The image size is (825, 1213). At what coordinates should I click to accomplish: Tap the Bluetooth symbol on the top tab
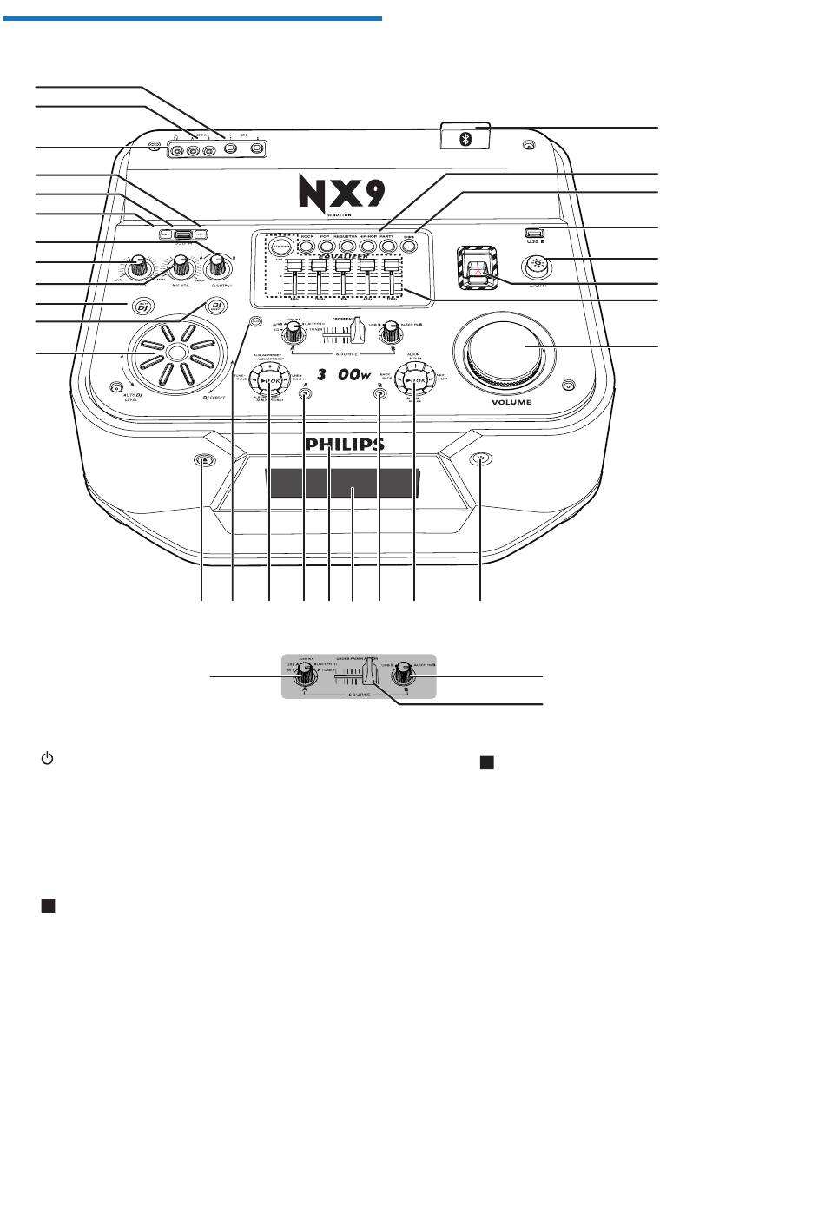(465, 139)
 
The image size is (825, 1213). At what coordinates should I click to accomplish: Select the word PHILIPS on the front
(344, 445)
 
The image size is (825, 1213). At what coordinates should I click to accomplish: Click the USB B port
(534, 232)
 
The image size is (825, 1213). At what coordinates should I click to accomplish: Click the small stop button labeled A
(304, 393)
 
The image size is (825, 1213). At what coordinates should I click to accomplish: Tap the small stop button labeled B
(379, 393)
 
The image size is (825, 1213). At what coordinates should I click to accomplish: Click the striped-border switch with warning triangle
(476, 267)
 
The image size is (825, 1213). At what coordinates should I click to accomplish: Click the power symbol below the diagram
(48, 759)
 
